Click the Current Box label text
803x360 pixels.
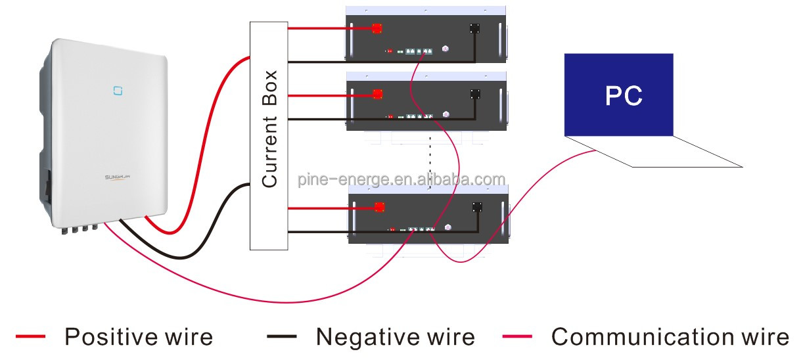[270, 129]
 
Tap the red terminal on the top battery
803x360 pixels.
[377, 29]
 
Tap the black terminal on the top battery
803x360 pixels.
[474, 29]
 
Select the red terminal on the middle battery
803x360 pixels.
[377, 94]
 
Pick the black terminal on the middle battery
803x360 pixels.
[474, 94]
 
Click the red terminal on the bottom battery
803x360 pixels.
[379, 207]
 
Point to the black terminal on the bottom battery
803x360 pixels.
[478, 207]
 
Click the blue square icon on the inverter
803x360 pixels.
[118, 88]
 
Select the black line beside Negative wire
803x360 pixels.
[282, 337]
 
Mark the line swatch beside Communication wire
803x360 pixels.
[517, 337]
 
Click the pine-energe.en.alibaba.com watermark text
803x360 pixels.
[401, 179]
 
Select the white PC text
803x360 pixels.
[624, 96]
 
